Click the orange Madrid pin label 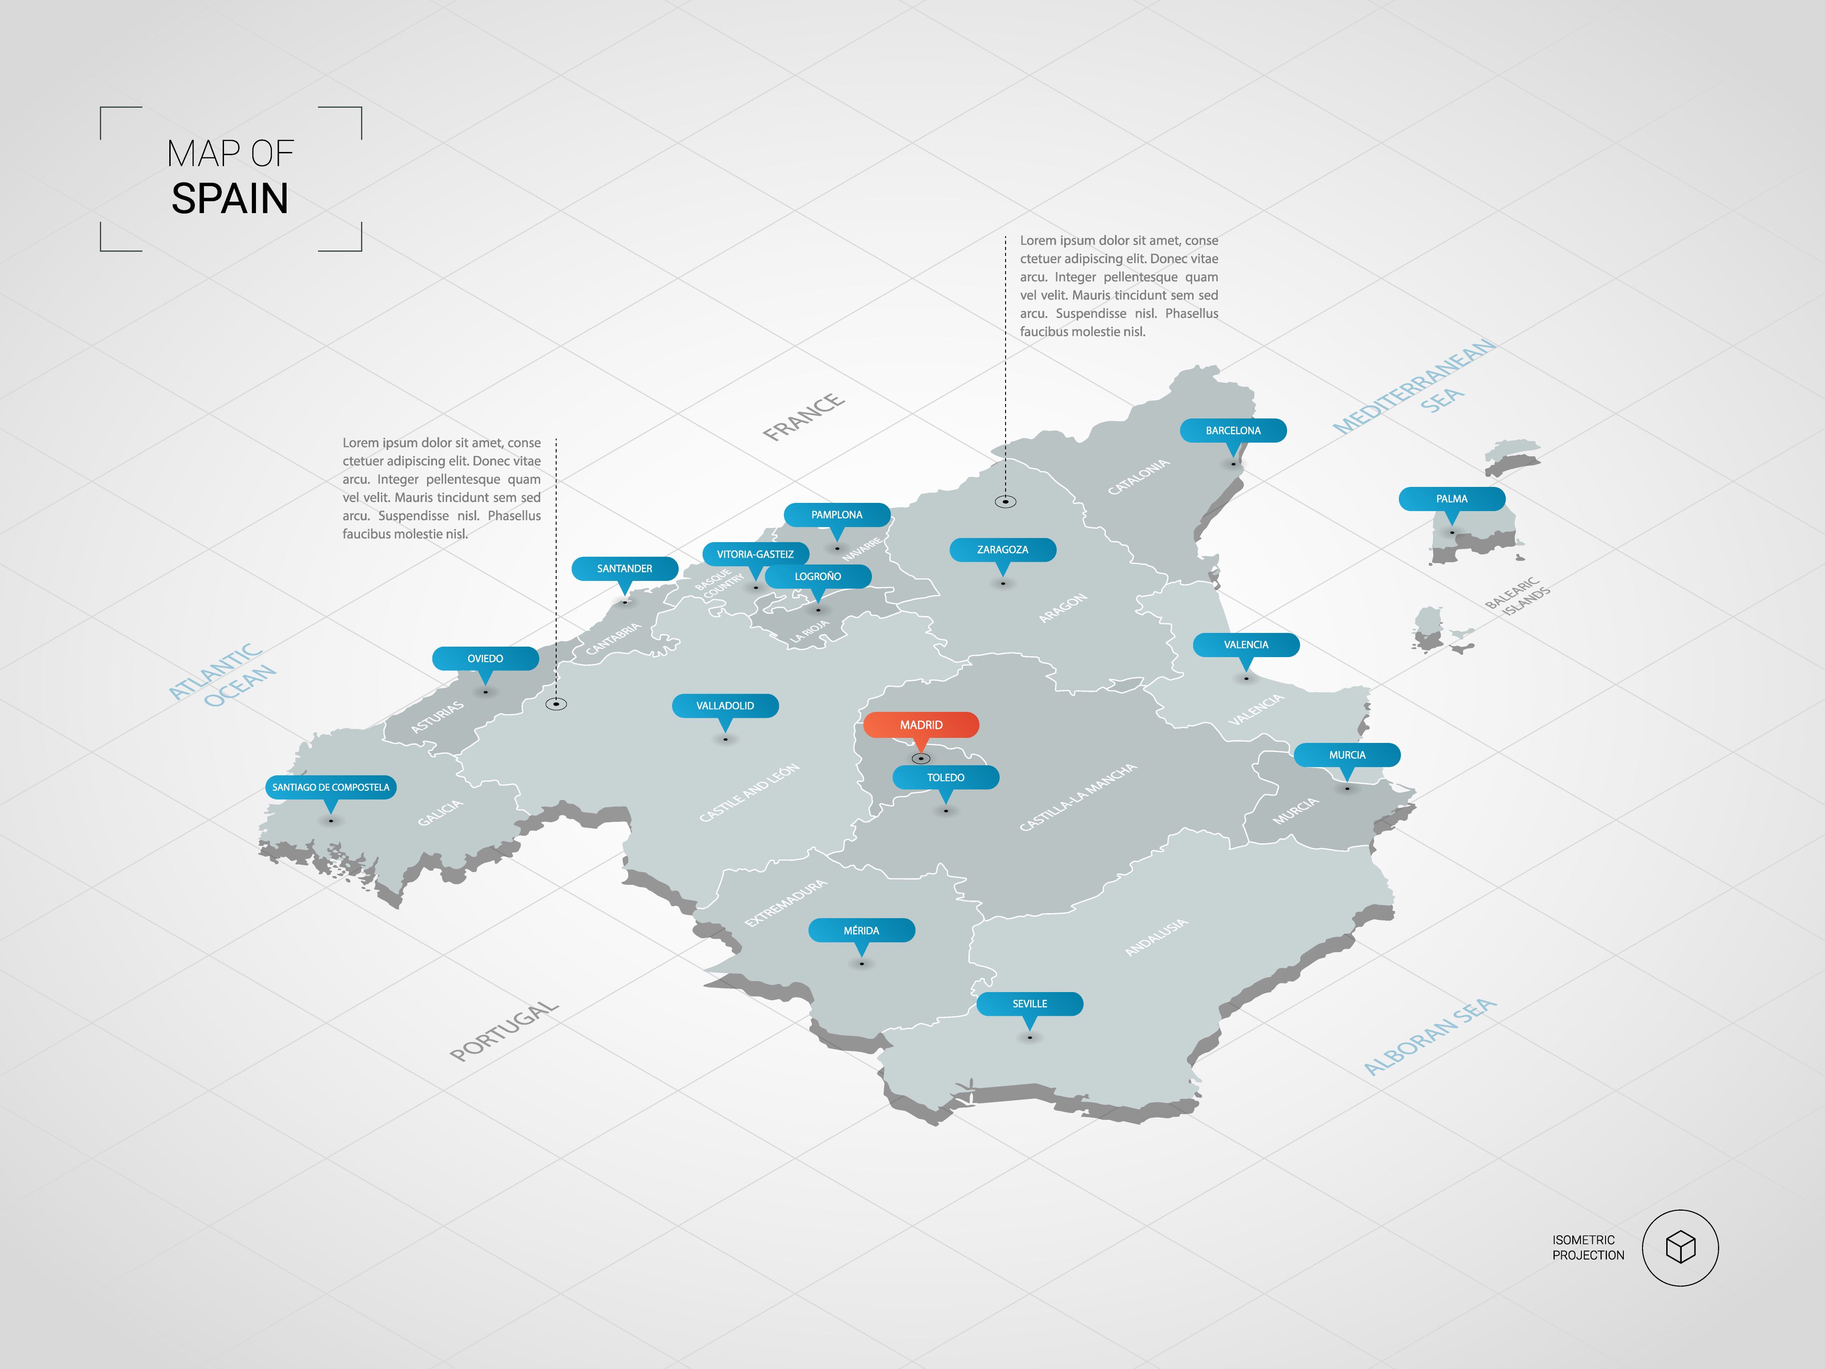[921, 725]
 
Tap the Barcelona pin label [1233, 430]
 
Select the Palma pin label [1451, 498]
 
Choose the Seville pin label [1030, 1003]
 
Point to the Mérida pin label [861, 930]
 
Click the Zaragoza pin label [1002, 549]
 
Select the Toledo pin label [945, 777]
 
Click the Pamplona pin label [837, 515]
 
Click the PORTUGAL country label [504, 1031]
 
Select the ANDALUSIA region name [1156, 936]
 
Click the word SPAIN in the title [230, 199]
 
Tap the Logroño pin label [818, 576]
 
